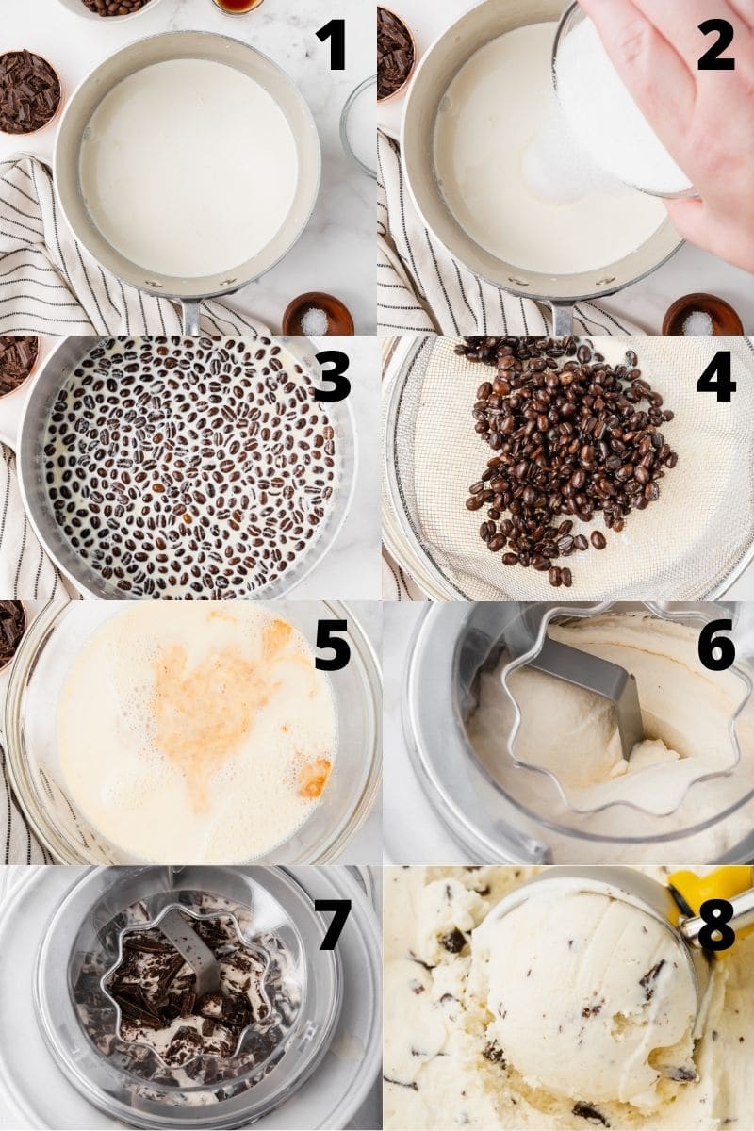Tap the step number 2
click(715, 45)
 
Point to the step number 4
click(715, 376)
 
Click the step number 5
click(332, 645)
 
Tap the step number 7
click(332, 924)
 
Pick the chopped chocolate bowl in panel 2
click(393, 52)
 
